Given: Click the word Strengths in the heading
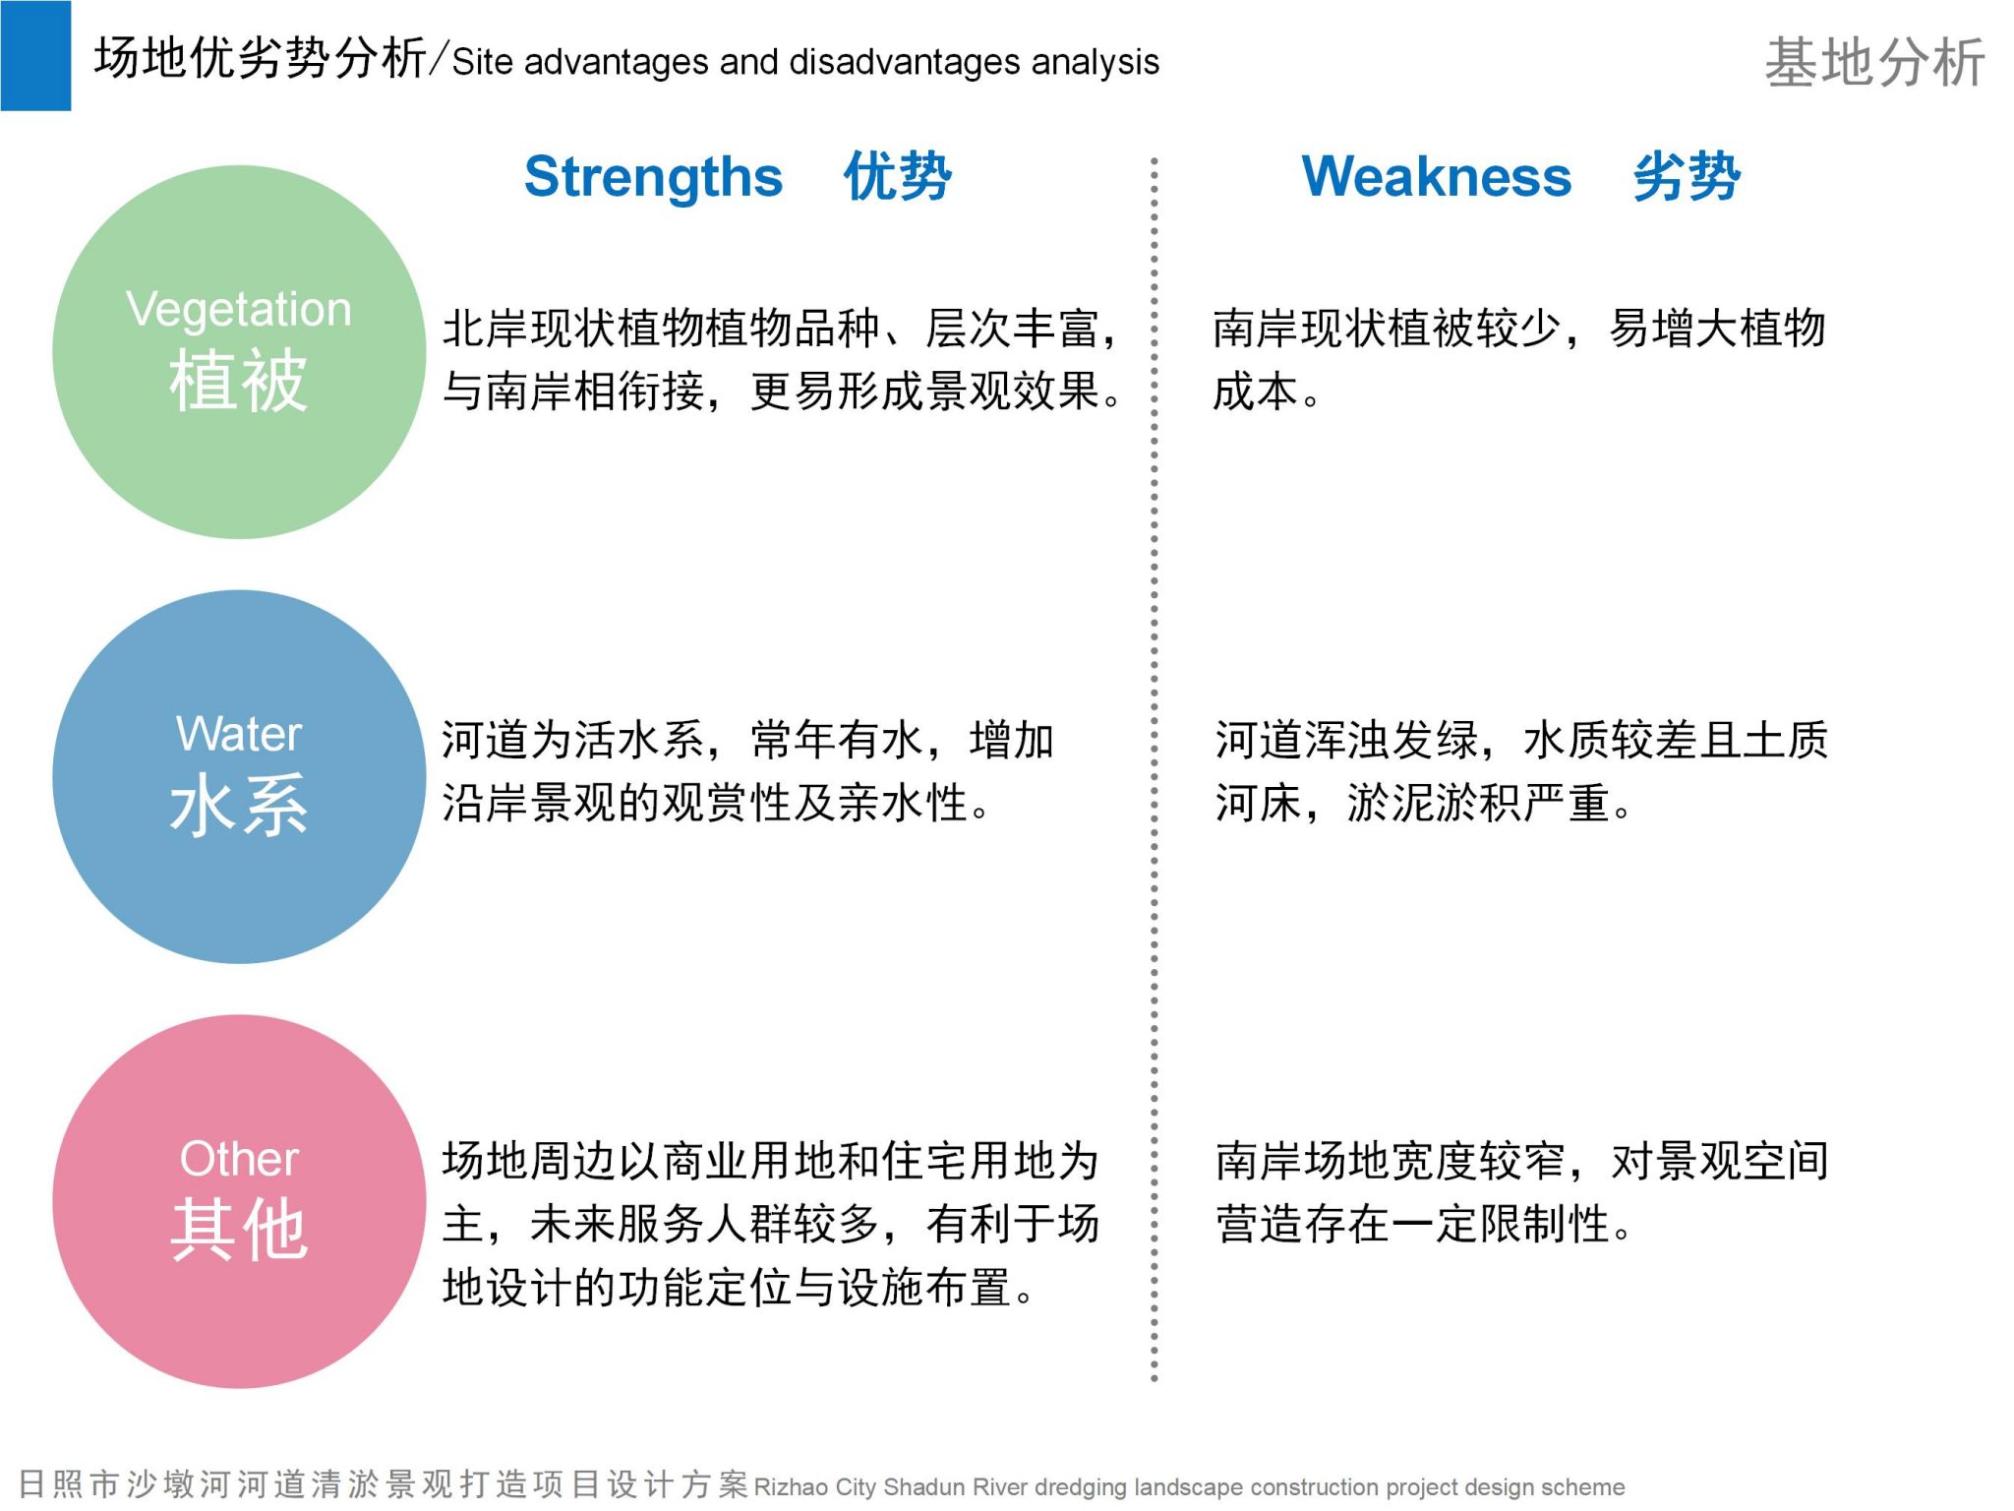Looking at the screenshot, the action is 653,178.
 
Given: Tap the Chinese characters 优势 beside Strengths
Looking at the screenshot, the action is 897,177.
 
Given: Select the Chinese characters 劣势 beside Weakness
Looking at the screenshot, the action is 1687,177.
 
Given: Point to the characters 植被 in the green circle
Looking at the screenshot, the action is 239,381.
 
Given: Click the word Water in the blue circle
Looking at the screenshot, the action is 239,734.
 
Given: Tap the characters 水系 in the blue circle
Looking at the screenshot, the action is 239,805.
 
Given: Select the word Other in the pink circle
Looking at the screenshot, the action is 239,1159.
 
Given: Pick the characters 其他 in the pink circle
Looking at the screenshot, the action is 239,1230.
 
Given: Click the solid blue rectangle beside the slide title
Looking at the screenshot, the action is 35,56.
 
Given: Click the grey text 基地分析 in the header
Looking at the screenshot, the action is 1874,63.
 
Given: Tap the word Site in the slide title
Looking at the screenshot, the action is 482,62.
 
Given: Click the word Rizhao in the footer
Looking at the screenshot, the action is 791,1486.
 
